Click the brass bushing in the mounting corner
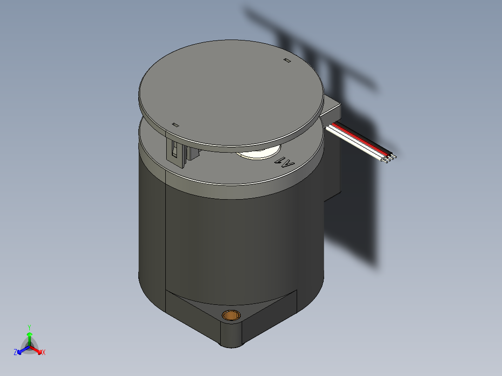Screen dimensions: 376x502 tap(230, 315)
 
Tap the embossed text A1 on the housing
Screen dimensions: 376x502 tap(285, 163)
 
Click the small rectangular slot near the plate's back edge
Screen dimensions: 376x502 tap(287, 60)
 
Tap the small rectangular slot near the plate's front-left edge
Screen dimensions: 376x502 tap(176, 125)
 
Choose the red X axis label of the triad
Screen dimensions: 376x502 tap(44, 353)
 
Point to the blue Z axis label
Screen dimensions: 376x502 tap(15, 352)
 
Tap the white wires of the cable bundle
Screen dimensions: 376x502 tap(359, 145)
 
